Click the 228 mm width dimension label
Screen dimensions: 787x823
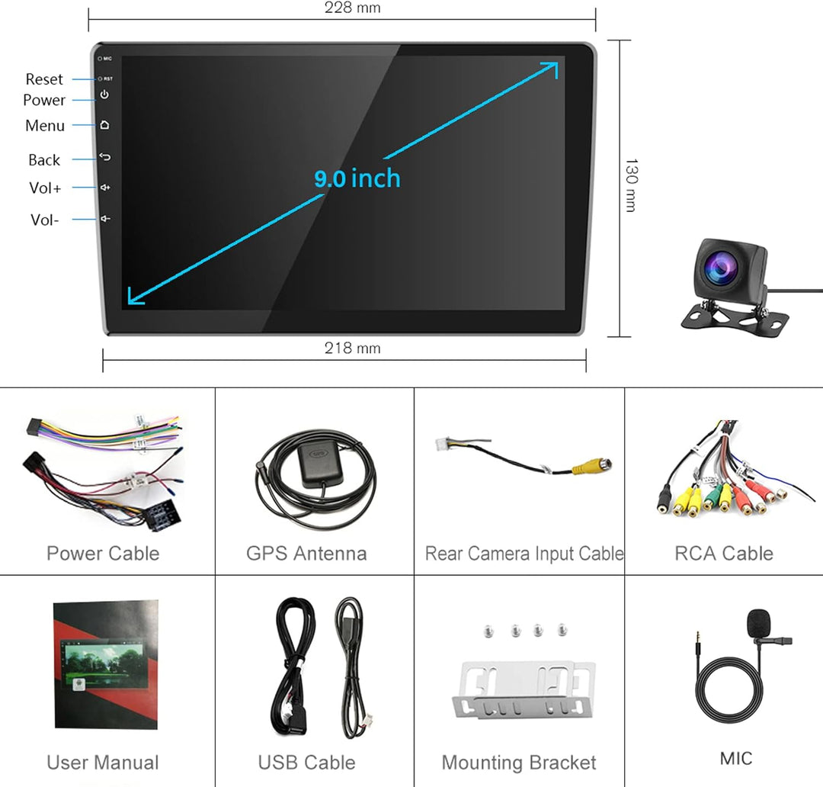coord(352,8)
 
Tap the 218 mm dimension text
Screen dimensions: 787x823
coord(352,349)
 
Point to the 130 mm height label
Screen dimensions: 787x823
coord(631,185)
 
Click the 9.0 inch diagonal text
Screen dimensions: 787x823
coord(357,178)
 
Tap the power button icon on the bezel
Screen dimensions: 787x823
coord(104,95)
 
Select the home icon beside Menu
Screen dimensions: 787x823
coord(104,125)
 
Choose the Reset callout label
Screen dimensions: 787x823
coord(44,79)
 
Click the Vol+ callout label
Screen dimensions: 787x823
coord(45,188)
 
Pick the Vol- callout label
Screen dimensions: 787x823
coord(44,220)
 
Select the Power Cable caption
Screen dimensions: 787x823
coord(103,554)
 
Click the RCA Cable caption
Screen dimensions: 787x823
coord(724,554)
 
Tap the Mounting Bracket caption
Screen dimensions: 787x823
coord(519,763)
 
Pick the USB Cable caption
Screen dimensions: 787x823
coord(306,763)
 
